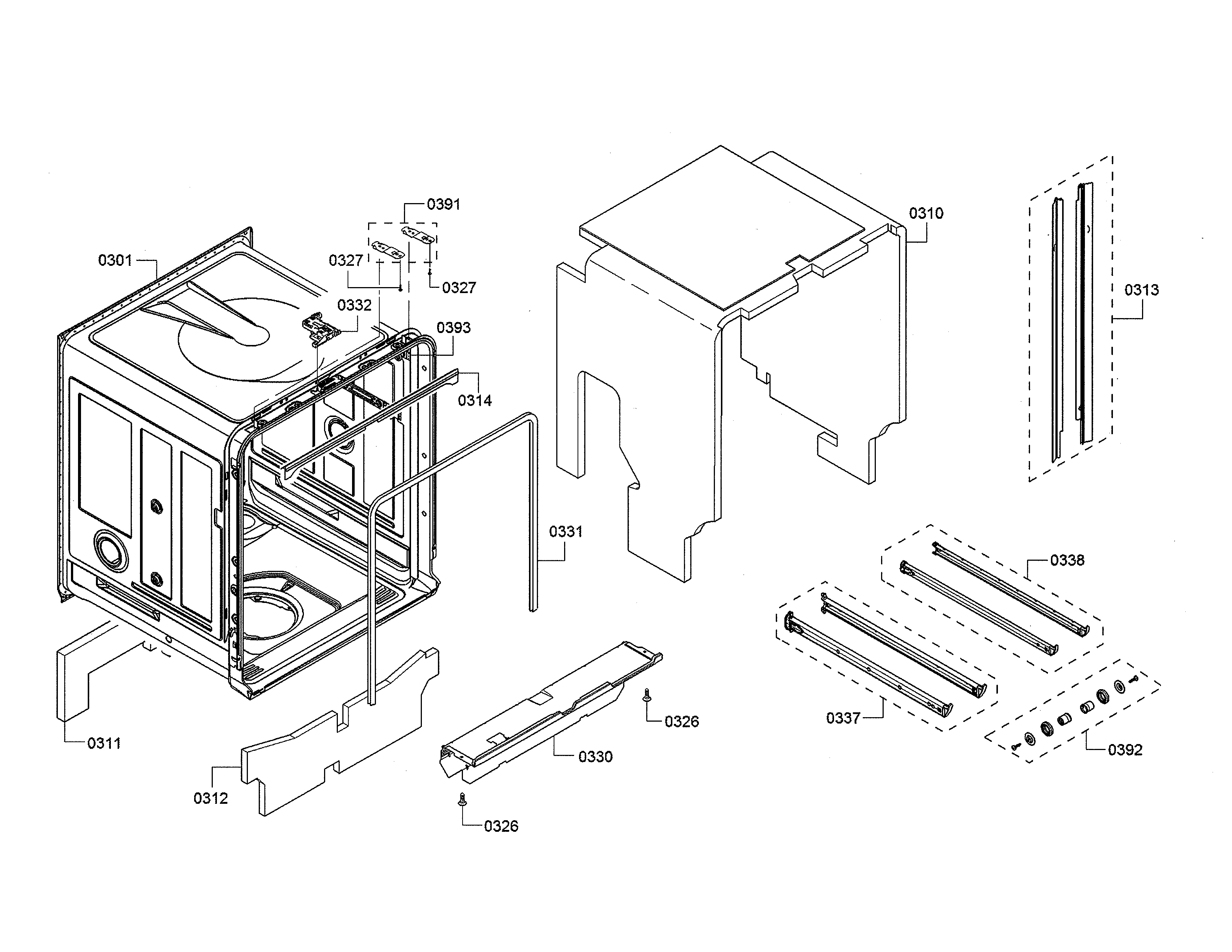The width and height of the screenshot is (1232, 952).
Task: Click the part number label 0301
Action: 115,261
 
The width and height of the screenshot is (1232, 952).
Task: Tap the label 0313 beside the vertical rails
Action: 1141,290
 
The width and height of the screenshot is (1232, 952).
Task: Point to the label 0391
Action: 444,205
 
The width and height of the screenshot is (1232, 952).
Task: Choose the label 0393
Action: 454,328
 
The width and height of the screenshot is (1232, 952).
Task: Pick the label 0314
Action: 475,401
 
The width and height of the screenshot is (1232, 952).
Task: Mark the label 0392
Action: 1125,750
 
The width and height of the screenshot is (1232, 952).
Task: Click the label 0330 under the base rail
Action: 595,757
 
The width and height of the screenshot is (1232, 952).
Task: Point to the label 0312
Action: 211,799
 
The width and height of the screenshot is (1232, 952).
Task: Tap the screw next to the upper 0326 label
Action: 647,695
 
